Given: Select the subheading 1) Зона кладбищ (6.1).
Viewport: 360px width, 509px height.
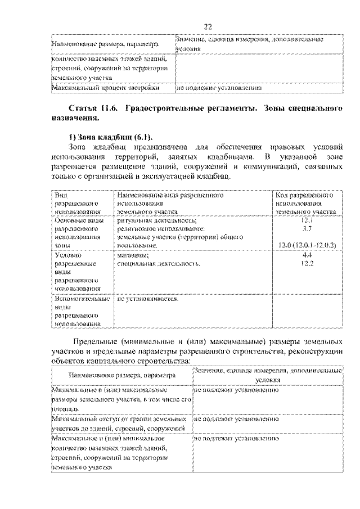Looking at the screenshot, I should tap(110, 137).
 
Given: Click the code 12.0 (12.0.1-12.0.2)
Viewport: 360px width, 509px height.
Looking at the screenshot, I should tap(307, 246).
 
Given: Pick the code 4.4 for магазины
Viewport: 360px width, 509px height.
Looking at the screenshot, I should tap(307, 255).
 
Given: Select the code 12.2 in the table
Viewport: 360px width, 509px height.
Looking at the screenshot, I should tap(307, 263).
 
